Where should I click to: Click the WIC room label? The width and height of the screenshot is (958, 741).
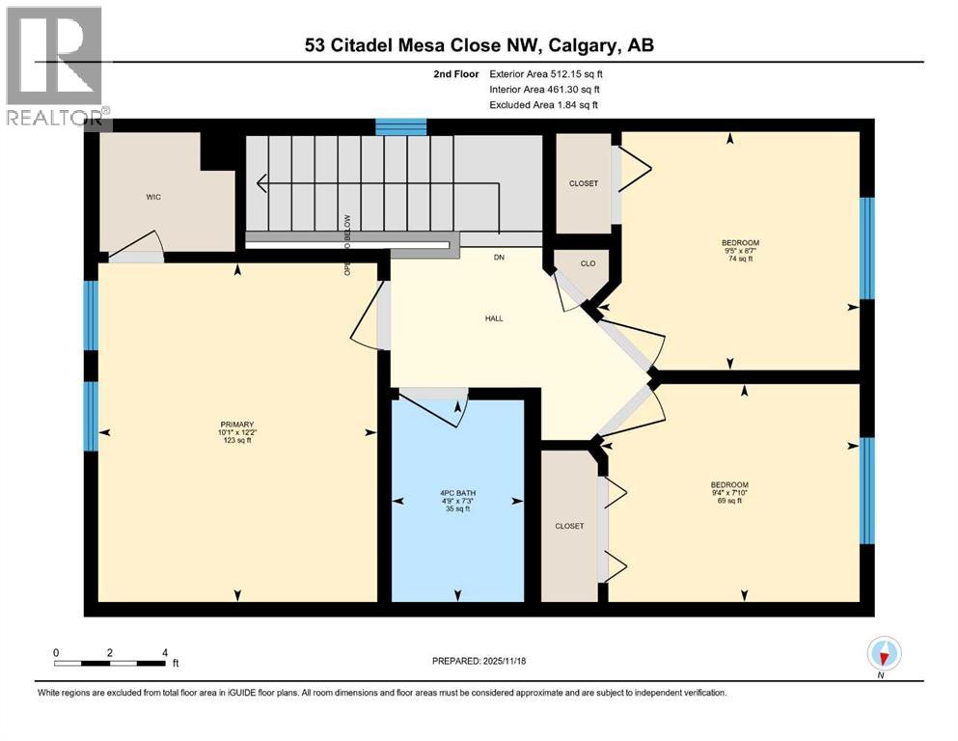click(152, 197)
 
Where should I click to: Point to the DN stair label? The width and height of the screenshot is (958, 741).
click(499, 258)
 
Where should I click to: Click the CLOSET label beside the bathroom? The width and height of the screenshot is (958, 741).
click(569, 526)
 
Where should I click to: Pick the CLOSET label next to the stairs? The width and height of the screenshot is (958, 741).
click(583, 183)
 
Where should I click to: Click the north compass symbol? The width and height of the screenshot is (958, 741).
click(884, 654)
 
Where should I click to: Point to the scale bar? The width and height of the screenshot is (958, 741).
click(111, 662)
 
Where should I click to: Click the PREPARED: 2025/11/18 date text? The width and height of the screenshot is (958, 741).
click(479, 661)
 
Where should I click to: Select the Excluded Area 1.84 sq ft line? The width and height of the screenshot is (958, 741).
click(543, 104)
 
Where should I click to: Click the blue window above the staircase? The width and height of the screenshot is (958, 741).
click(400, 126)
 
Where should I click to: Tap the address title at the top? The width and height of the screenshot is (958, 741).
click(479, 45)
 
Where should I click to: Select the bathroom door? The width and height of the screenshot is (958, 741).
click(434, 405)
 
